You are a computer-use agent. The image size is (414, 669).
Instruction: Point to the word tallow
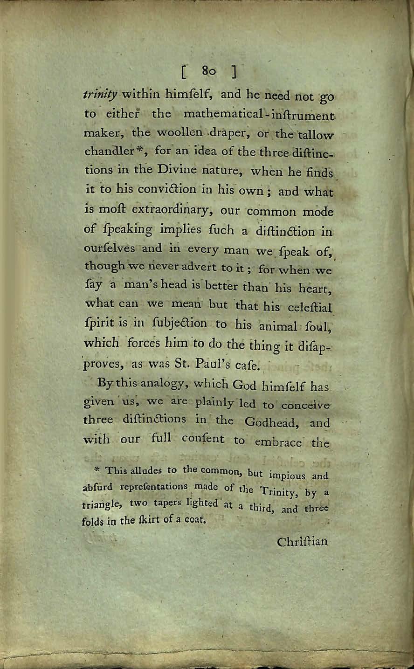[x=316, y=135]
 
